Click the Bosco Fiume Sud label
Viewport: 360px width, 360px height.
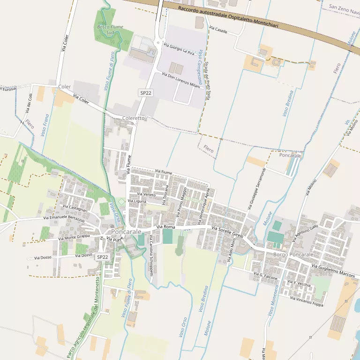pyautogui.click(x=110, y=30)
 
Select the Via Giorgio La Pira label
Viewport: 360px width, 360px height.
pyautogui.click(x=179, y=49)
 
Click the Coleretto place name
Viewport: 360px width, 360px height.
pyautogui.click(x=134, y=118)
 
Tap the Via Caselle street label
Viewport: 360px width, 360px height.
pyautogui.click(x=218, y=30)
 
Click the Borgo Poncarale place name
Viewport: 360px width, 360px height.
pyautogui.click(x=293, y=255)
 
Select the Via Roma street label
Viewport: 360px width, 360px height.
pyautogui.click(x=165, y=228)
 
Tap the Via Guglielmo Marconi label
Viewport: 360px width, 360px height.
pyautogui.click(x=333, y=270)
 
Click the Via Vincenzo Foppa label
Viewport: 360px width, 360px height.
pyautogui.click(x=307, y=301)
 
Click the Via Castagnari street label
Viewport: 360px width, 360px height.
pyautogui.click(x=75, y=207)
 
